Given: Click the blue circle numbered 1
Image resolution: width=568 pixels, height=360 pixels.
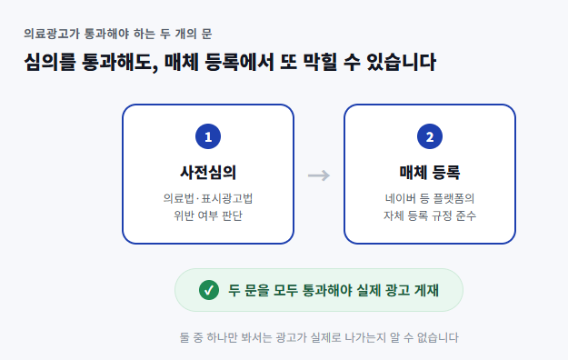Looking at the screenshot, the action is pos(208,136).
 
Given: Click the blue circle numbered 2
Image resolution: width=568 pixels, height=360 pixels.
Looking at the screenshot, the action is pos(430,136).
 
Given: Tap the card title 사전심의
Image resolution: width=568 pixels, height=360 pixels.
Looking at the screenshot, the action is pos(208,172).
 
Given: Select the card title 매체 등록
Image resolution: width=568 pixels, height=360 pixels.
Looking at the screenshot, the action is pos(430,172).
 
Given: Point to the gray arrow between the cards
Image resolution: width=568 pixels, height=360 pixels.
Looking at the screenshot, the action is pos(319,175).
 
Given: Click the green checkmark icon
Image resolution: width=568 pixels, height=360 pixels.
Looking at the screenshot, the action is pos(209,290).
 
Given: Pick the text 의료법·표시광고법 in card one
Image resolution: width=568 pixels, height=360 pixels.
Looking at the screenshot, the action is pos(208,198).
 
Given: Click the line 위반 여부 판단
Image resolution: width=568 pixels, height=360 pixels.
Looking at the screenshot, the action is pos(208,215).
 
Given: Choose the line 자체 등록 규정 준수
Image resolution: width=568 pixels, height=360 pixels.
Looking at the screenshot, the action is pos(430,215).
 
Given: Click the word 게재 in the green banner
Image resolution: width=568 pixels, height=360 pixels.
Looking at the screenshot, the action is pos(426,290).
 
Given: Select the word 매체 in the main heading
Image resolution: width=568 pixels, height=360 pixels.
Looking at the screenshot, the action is pos(182,62).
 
